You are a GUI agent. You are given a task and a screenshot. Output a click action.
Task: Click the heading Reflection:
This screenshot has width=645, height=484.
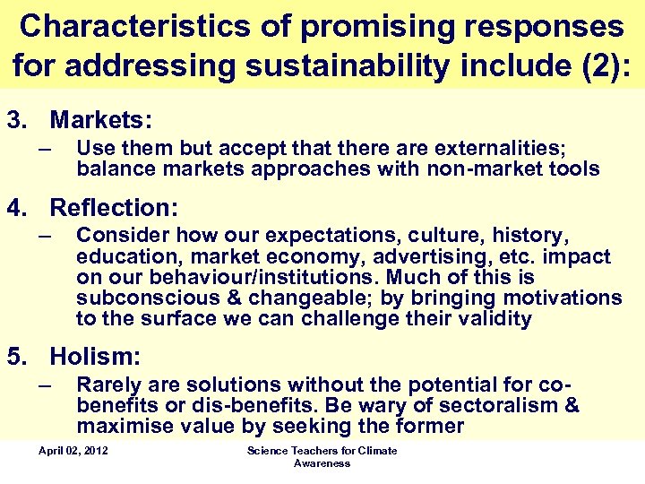(114, 208)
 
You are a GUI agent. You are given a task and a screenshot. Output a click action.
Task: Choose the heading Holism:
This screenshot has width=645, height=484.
(95, 357)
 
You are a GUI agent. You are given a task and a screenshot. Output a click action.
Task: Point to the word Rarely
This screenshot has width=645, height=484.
(106, 385)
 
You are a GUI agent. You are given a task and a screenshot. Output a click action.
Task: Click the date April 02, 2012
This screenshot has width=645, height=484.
(73, 450)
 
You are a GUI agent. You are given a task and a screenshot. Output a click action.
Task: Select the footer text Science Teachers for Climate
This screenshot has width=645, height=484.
(322, 450)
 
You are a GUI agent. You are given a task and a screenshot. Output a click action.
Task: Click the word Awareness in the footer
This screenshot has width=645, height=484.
(322, 463)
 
